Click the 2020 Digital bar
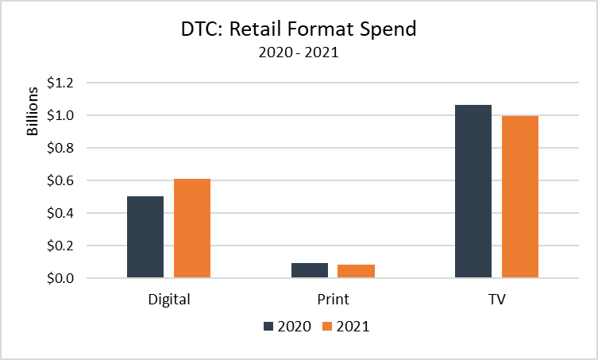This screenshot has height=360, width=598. tap(145, 237)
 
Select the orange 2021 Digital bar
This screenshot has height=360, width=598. tap(192, 228)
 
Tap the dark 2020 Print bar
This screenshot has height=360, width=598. tap(310, 270)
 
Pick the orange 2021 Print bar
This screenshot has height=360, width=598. tap(356, 271)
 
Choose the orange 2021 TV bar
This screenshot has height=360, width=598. tap(520, 196)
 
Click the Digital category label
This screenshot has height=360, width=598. tap(169, 300)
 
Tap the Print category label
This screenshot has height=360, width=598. tap(333, 300)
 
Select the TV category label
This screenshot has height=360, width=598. tap(497, 300)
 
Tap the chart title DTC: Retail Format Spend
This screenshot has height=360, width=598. tap(299, 29)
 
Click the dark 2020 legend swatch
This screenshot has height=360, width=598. tap(268, 326)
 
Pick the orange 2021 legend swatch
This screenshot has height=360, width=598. tap(327, 326)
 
